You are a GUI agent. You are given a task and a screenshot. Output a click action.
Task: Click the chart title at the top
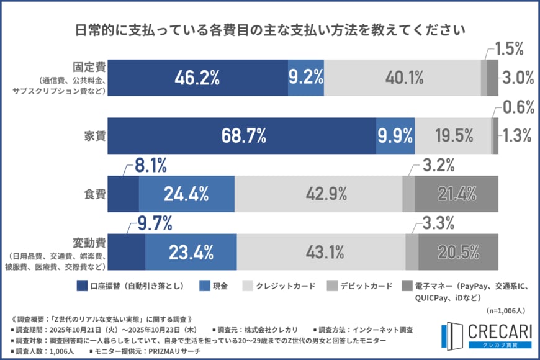click(270, 30)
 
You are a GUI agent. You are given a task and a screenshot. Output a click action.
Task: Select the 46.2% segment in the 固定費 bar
click(198, 78)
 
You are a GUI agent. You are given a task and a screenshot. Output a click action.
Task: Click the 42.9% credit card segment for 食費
click(318, 194)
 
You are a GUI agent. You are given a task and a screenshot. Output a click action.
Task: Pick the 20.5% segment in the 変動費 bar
click(458, 252)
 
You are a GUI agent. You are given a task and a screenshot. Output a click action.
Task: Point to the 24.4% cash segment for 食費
click(186, 194)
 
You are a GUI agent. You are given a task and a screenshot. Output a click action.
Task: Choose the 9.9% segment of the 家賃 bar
click(395, 135)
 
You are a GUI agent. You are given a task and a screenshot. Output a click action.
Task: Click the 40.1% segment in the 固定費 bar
click(403, 78)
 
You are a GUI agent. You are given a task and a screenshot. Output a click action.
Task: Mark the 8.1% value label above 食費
click(150, 165)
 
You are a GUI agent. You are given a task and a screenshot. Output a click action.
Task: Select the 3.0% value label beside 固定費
click(518, 78)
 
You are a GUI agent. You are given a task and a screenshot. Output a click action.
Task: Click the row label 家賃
click(94, 135)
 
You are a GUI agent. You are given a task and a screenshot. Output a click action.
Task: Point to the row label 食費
click(94, 194)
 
